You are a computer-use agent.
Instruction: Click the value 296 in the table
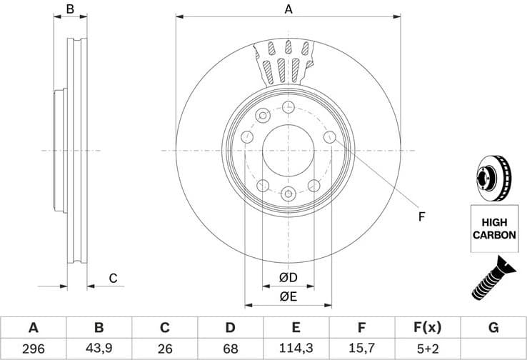coord(33,349)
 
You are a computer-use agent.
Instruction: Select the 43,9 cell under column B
coord(99,349)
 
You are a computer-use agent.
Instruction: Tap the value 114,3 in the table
coord(296,349)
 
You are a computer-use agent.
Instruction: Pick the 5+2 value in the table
coord(427,349)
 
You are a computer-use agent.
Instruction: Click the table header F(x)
coord(427,328)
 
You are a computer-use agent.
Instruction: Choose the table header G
coord(493,328)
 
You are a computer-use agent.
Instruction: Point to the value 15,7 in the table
coord(361,349)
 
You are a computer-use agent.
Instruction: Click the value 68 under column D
coord(230,349)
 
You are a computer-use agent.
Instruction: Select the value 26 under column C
coord(164,349)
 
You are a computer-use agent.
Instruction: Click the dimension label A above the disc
coord(288,9)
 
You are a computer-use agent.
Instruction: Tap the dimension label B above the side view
coord(70,9)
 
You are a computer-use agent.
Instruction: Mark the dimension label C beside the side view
coord(112,279)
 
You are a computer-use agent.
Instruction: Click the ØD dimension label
coord(288,277)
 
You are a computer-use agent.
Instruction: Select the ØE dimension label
coord(288,296)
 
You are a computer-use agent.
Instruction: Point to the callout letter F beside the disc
coord(421,216)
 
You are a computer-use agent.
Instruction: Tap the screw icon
coord(493,277)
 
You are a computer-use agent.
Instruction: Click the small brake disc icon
coord(493,176)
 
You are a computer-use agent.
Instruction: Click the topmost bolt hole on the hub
coord(288,107)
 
